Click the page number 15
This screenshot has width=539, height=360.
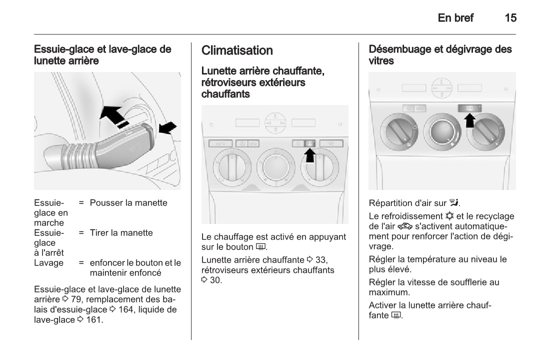(510, 18)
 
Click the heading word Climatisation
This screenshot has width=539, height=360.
(237, 50)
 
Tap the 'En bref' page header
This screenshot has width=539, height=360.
(455, 18)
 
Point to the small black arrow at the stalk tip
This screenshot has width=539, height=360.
(167, 128)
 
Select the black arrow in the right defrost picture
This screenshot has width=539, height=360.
(470, 119)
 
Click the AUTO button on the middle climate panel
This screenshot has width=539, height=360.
(220, 144)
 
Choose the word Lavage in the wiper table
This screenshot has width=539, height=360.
(48, 263)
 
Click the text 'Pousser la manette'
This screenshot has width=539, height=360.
(128, 203)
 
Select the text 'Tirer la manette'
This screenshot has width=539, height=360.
(121, 233)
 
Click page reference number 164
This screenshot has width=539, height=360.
(126, 310)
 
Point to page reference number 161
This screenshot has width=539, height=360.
(93, 320)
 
